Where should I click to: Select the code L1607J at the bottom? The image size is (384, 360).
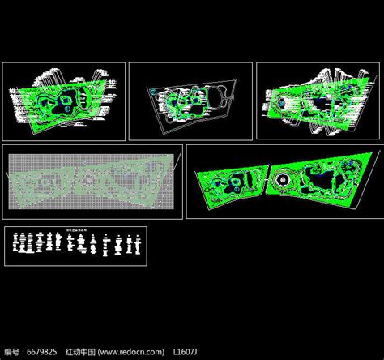[185, 353]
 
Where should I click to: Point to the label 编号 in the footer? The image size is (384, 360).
[12, 353]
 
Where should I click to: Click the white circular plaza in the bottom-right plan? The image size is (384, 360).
[284, 180]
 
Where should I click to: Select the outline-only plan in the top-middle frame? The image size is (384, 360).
[190, 103]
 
